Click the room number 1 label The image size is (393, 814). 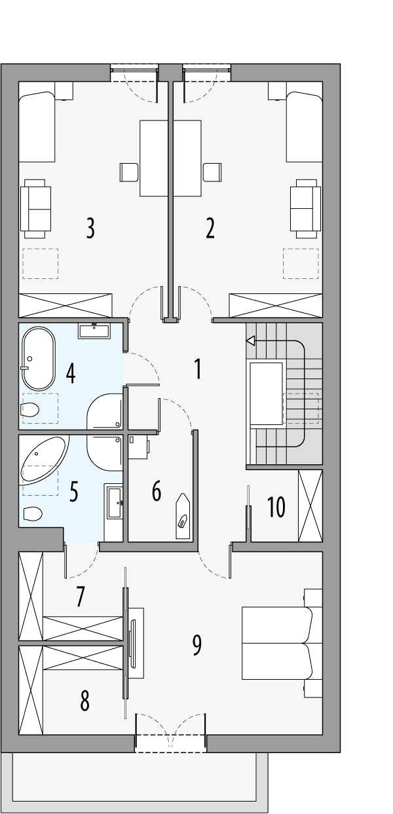(197, 369)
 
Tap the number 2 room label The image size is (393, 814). (210, 228)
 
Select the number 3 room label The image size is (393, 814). (90, 228)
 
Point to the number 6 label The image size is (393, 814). (156, 490)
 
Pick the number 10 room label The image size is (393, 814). (276, 506)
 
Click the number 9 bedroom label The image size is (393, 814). (196, 645)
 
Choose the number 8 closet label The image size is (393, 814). (84, 701)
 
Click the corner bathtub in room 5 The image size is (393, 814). (43, 459)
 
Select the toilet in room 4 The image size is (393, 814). (30, 411)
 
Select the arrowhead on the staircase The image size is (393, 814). (250, 341)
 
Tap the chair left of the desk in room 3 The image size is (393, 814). (129, 172)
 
